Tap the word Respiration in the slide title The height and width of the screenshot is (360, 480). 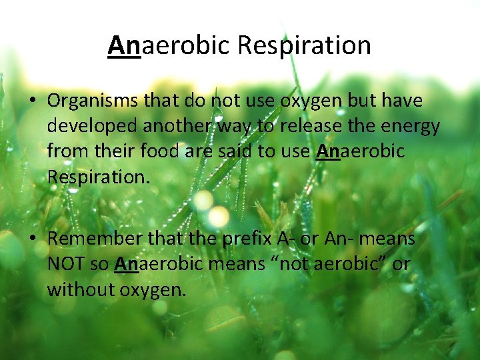click(305, 46)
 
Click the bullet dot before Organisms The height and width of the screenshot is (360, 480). click(31, 101)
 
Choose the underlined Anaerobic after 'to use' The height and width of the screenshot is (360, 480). click(360, 151)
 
